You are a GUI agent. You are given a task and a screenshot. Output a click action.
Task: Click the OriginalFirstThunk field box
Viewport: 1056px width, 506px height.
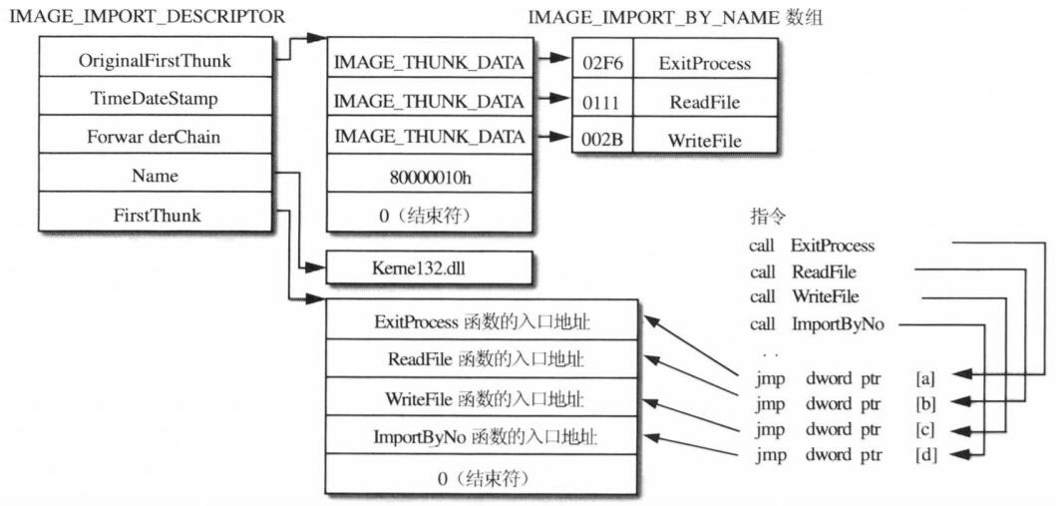155,61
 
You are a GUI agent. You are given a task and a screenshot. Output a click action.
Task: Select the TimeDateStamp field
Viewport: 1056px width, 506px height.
155,99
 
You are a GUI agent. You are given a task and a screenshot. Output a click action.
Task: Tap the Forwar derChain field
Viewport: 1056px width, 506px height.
155,138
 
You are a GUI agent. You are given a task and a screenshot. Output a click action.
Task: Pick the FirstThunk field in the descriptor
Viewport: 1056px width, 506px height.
155,215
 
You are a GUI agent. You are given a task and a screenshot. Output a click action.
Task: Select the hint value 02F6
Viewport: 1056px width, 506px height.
602,63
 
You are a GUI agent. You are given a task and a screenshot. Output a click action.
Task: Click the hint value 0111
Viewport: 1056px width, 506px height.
602,101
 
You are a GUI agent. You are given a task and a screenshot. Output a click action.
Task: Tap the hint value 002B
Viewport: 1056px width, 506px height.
602,140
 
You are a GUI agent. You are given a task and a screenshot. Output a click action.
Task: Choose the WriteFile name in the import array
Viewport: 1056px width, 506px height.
706,140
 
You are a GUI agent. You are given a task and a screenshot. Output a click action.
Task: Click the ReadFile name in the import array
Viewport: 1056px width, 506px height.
706,101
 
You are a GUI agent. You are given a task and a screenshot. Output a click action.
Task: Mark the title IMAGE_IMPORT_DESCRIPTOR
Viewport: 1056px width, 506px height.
147,17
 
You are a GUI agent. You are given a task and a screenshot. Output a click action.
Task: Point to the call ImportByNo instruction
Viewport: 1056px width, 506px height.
816,322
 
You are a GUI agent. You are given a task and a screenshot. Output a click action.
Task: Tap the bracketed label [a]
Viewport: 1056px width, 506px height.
924,378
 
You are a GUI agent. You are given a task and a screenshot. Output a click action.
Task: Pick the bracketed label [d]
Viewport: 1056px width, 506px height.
924,456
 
